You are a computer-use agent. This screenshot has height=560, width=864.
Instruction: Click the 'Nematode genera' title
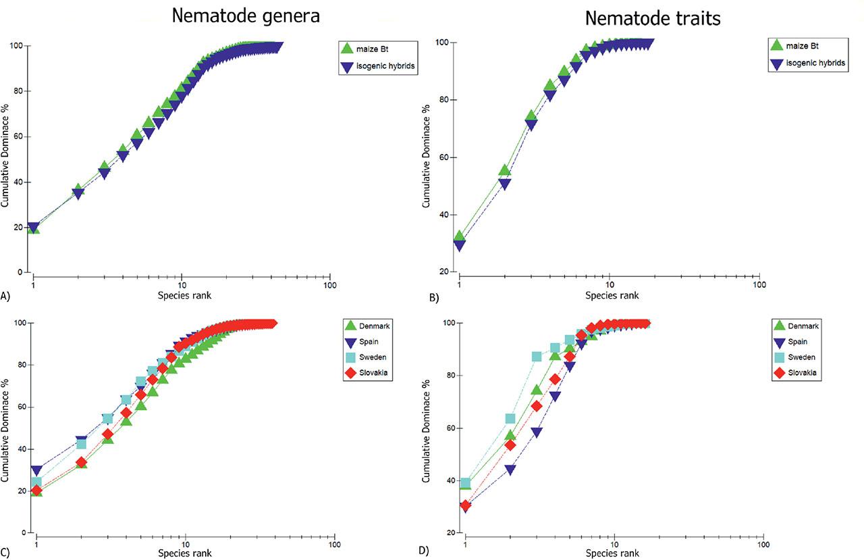pos(245,16)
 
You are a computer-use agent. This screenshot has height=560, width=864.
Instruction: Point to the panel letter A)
pos(7,295)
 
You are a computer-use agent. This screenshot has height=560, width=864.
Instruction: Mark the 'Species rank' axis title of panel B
pos(612,295)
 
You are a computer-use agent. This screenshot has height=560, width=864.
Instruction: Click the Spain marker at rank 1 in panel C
pos(36,470)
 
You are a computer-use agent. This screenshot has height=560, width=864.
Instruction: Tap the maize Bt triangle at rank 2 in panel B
pos(504,170)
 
